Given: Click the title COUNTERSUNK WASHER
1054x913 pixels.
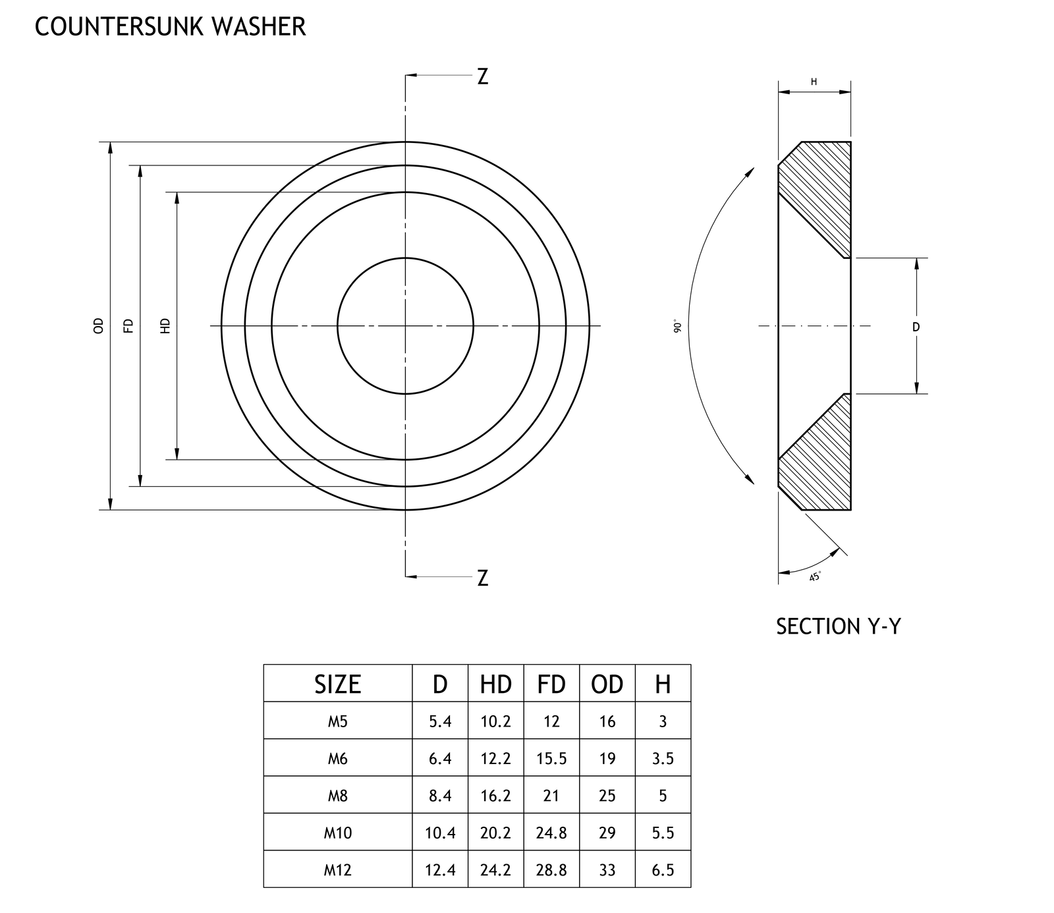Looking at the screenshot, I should [x=170, y=27].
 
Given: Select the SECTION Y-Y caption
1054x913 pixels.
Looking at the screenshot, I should [x=838, y=626].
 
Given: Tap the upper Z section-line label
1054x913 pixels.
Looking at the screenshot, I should [x=483, y=77].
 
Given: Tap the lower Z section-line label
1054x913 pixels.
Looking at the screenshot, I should [x=483, y=578].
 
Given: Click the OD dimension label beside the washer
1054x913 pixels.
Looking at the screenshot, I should [x=99, y=325].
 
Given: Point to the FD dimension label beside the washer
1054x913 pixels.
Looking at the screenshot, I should [x=128, y=325].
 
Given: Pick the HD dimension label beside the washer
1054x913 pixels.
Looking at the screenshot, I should [x=165, y=325].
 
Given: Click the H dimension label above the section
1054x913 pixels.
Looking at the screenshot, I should [x=814, y=82].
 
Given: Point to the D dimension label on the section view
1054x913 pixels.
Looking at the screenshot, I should [x=916, y=327].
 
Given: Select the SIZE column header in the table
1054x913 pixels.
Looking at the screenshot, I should [x=337, y=684].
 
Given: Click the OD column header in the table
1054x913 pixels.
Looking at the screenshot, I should [x=607, y=684].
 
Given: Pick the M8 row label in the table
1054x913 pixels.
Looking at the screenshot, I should [x=337, y=796].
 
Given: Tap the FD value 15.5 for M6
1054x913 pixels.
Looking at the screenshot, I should [x=551, y=759].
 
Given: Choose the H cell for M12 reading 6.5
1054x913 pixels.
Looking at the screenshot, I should [x=663, y=870].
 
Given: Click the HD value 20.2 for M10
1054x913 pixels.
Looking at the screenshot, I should [x=495, y=833].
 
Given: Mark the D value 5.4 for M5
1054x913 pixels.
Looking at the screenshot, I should [x=440, y=721].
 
